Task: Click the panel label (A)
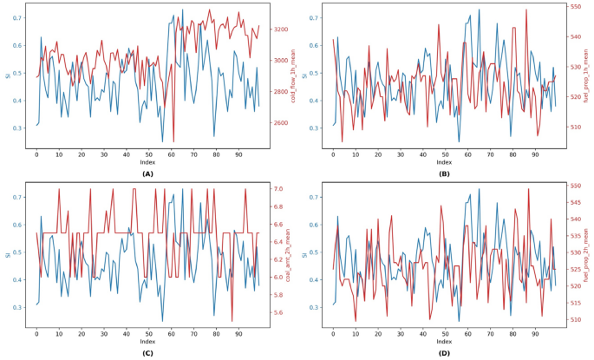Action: (147, 173)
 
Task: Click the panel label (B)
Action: (444, 173)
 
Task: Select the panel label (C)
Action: (147, 354)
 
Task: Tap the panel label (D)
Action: (444, 354)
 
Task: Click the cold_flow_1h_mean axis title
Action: (294, 76)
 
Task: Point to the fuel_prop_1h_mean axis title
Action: (591, 76)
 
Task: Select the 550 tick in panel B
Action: (574, 7)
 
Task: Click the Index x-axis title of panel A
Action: (147, 162)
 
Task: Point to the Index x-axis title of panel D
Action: (444, 342)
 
